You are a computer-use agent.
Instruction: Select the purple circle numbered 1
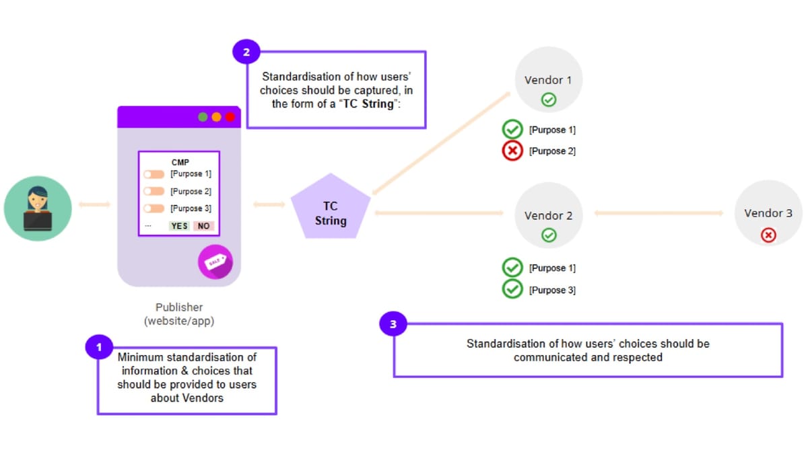coord(99,347)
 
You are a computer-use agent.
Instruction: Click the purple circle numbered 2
coord(246,52)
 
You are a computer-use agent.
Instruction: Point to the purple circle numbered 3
coord(393,324)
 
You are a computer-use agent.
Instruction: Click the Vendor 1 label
coord(548,80)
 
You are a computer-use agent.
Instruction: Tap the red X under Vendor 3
coord(768,235)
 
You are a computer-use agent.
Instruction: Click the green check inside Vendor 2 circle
coord(549,235)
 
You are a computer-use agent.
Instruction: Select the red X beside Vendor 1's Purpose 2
coord(512,151)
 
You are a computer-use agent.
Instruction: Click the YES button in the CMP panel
coord(179,226)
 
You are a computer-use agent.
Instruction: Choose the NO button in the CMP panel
coord(203,226)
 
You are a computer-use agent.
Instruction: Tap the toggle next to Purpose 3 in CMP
coord(154,209)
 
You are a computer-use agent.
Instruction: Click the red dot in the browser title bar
coord(230,117)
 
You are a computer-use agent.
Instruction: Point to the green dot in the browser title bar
coord(203,117)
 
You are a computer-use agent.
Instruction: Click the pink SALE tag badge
coord(215,262)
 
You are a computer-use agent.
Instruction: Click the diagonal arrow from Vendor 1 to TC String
coord(441,143)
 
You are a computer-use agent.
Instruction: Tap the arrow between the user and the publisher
coord(94,204)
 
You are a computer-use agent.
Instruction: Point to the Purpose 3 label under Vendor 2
coord(552,290)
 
